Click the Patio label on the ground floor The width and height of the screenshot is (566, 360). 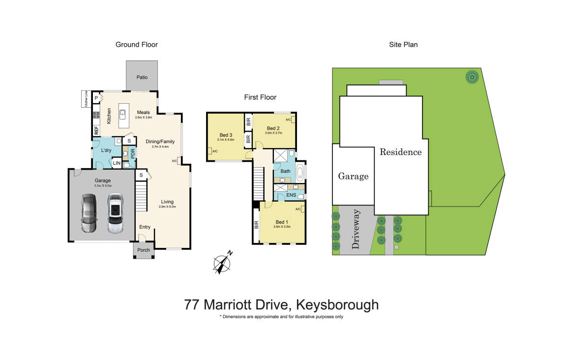[x=142, y=77]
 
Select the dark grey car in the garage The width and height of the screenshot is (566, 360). [x=89, y=213]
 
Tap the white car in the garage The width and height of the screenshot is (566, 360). [x=115, y=213]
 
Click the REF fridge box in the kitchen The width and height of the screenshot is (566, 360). [x=96, y=131]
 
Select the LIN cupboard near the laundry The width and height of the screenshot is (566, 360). [x=117, y=163]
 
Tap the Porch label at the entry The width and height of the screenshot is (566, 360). [x=144, y=250]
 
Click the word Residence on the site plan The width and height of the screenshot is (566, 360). [x=400, y=152]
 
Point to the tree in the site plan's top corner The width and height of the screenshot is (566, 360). [x=472, y=77]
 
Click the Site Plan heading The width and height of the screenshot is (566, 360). [x=403, y=45]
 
